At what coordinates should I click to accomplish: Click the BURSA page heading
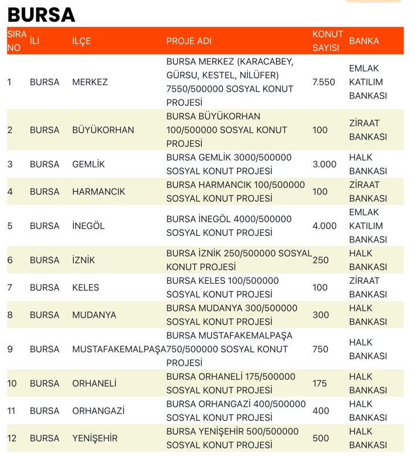[41, 14]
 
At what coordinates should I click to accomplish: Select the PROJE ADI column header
[189, 41]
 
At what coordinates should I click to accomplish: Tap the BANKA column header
[364, 41]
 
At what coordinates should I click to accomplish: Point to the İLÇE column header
[82, 41]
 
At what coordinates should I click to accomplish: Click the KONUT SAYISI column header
[328, 41]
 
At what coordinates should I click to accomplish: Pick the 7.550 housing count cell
[324, 82]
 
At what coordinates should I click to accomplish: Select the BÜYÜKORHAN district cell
[103, 130]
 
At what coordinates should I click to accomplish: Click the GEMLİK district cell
[88, 164]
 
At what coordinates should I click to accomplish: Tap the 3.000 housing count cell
[324, 164]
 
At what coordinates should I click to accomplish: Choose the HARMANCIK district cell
[99, 192]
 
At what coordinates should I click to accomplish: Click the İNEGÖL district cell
[88, 226]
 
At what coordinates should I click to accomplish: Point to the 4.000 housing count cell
[324, 226]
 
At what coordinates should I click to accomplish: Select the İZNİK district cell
[84, 260]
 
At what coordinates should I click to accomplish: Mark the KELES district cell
[86, 288]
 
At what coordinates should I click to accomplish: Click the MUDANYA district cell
[94, 315]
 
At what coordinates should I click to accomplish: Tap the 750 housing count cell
[320, 349]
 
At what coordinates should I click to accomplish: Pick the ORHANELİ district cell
[94, 384]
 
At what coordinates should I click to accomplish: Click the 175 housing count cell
[320, 384]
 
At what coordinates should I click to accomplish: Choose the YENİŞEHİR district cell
[95, 439]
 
